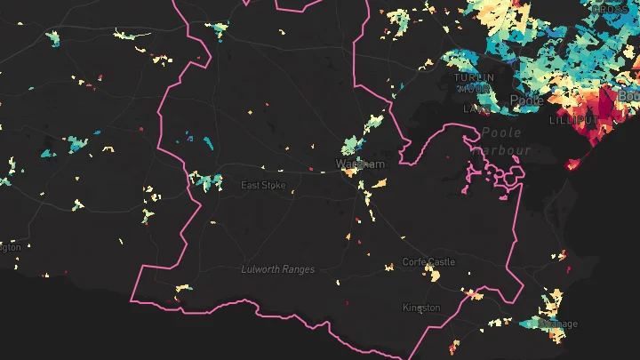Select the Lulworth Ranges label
278,268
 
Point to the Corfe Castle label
428,262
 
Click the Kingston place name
421,308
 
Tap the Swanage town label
559,324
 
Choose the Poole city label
526,100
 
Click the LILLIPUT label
570,119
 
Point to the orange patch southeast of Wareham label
380,183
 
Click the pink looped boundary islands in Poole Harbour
503,173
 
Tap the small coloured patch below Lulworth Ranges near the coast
185,288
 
